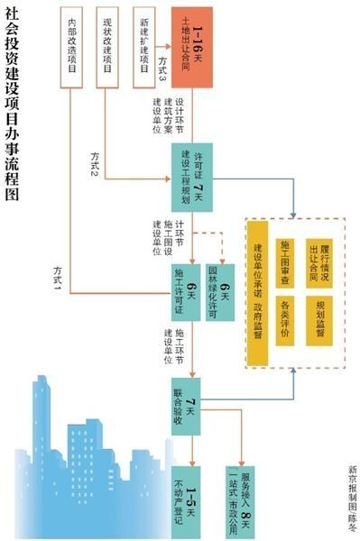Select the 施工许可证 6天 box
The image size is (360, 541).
point(191,290)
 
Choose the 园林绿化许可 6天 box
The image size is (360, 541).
point(225,290)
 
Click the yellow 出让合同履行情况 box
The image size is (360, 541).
point(318,257)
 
